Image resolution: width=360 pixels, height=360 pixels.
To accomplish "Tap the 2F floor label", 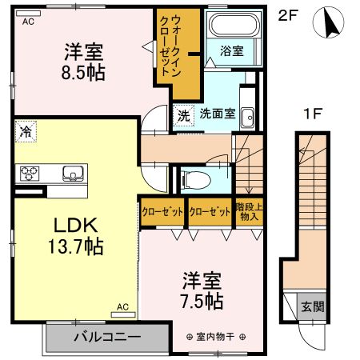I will [288, 15].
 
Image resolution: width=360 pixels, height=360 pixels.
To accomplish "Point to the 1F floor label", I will [312, 114].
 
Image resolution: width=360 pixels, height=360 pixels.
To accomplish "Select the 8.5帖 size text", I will [85, 70].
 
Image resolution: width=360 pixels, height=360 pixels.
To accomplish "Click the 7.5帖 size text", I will [202, 302].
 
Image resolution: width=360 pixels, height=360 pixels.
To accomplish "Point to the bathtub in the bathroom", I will [231, 26].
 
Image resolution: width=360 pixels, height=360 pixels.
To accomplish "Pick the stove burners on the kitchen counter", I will [30, 173].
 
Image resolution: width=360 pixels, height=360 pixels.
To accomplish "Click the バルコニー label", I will [107, 335].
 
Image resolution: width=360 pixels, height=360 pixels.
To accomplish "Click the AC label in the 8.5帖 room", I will [28, 22].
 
